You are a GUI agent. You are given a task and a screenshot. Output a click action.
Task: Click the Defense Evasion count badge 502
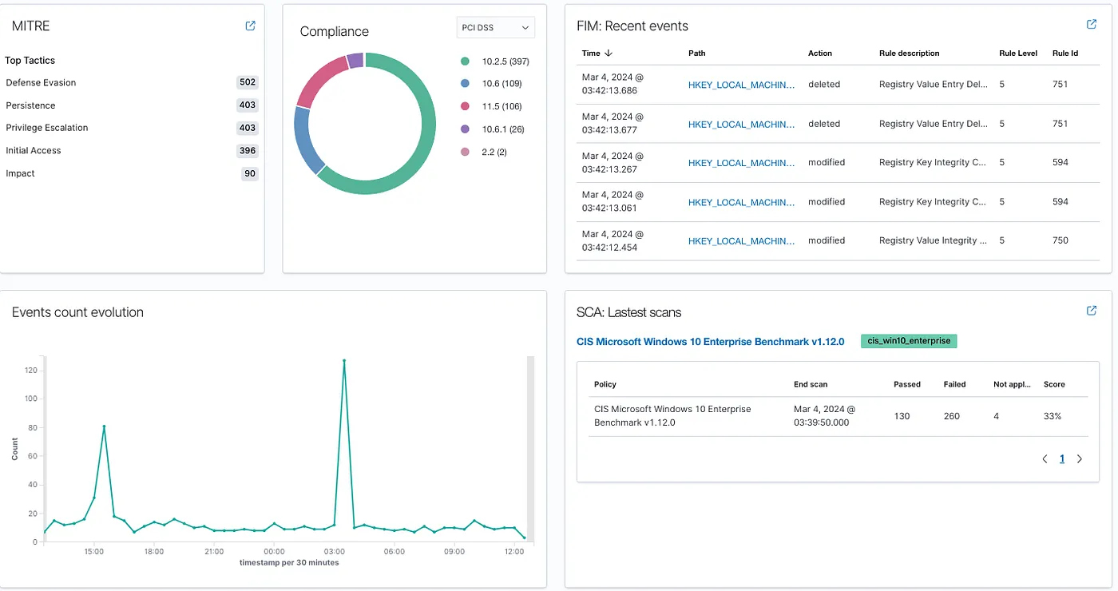[248, 82]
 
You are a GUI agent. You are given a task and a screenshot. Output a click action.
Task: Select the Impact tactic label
[21, 173]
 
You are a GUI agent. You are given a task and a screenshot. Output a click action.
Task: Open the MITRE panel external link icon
[250, 26]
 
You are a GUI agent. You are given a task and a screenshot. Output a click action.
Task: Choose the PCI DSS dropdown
[495, 27]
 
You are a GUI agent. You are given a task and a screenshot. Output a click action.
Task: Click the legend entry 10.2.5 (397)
[505, 61]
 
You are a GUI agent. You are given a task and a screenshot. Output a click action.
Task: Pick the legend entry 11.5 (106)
[502, 106]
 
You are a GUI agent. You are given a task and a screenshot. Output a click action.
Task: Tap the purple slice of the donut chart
[355, 61]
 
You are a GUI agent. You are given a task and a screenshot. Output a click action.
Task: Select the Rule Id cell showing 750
[1060, 240]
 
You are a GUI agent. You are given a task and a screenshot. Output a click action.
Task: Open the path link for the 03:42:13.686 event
[741, 85]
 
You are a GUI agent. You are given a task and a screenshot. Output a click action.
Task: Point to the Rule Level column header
[1017, 54]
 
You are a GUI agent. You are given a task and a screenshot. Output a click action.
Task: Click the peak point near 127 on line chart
[344, 360]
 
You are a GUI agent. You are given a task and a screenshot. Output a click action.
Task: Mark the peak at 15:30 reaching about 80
[104, 426]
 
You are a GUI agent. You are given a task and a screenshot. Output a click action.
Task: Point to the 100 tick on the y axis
[31, 399]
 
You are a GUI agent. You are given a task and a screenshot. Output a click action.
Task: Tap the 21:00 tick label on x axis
[214, 551]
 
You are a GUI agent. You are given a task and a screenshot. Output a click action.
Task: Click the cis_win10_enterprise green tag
[908, 341]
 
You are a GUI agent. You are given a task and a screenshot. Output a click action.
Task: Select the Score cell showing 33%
[1053, 416]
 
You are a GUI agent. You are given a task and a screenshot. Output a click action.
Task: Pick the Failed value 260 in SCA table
[951, 416]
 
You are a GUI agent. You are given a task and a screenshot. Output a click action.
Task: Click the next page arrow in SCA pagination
[1080, 459]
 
